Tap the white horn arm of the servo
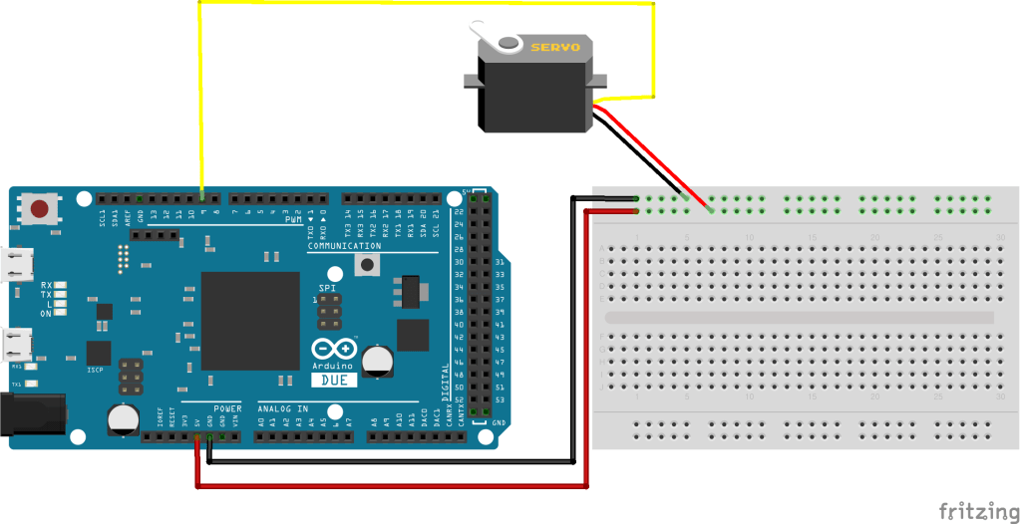498,46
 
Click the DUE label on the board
334,380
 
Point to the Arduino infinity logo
333,350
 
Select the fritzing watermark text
978,511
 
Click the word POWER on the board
227,408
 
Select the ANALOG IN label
283,408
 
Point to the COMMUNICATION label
344,246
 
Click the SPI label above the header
327,287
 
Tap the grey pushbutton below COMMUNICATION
369,264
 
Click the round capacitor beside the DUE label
378,360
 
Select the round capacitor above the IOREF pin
124,417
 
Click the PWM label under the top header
292,220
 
